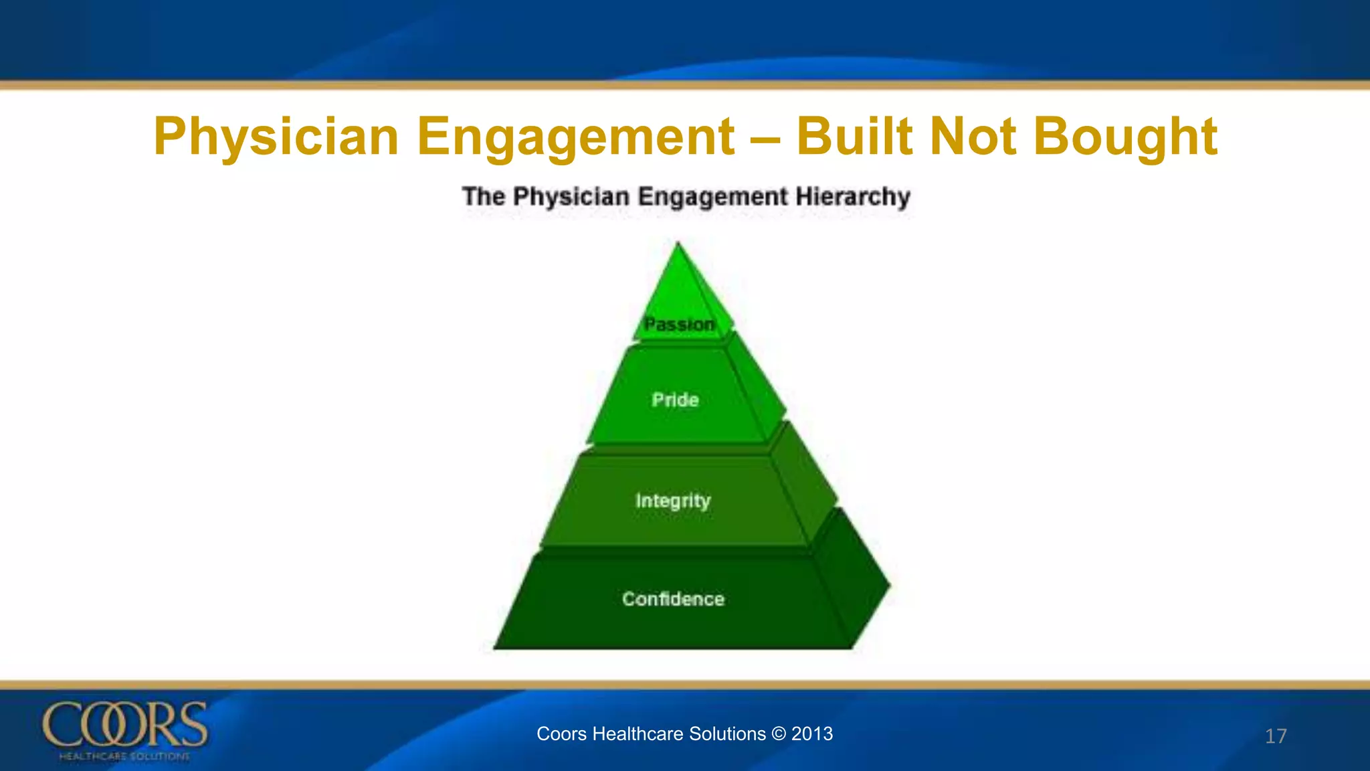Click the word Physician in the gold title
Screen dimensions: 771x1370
pyautogui.click(x=276, y=137)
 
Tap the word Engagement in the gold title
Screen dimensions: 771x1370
pyautogui.click(x=576, y=137)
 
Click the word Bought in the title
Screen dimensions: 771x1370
pyautogui.click(x=1125, y=137)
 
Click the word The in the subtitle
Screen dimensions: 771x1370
pyautogui.click(x=483, y=196)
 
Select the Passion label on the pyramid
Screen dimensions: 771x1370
pyautogui.click(x=679, y=324)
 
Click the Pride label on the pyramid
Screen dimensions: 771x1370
pyautogui.click(x=675, y=400)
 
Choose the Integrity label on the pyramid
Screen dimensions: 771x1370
pyautogui.click(x=673, y=501)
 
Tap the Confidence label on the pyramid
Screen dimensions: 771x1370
pyautogui.click(x=673, y=598)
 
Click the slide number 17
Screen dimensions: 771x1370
pyautogui.click(x=1276, y=736)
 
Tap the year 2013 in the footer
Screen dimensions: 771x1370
pyautogui.click(x=812, y=734)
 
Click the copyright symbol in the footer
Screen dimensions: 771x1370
pyautogui.click(x=778, y=734)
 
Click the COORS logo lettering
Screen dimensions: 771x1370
pyautogui.click(x=125, y=725)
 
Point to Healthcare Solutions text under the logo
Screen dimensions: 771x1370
pyautogui.click(x=124, y=756)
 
